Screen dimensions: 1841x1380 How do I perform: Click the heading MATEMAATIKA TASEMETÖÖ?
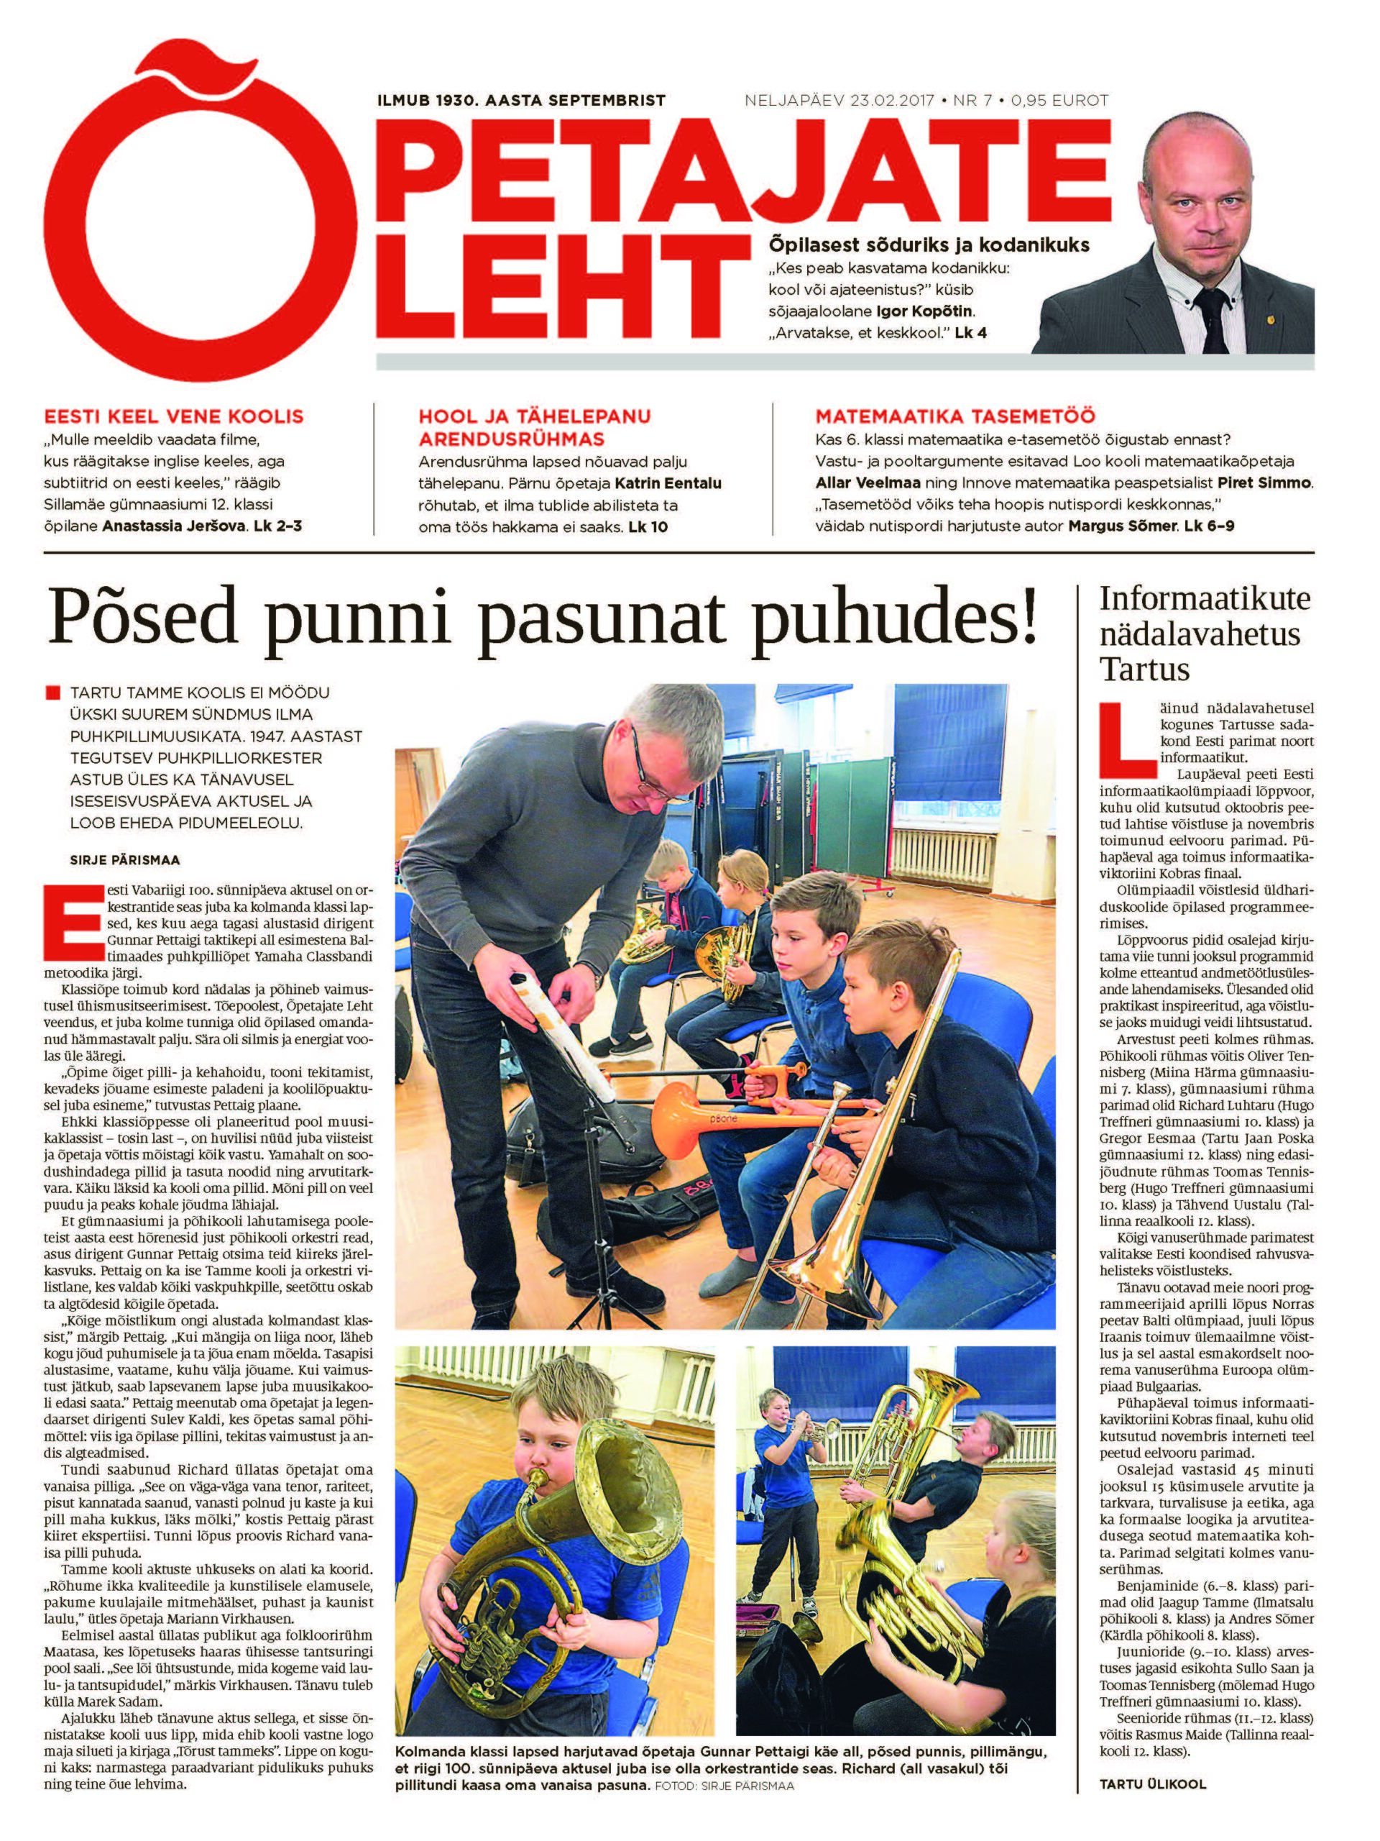[x=955, y=416]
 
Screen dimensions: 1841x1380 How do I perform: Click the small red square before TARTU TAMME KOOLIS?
[x=54, y=693]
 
